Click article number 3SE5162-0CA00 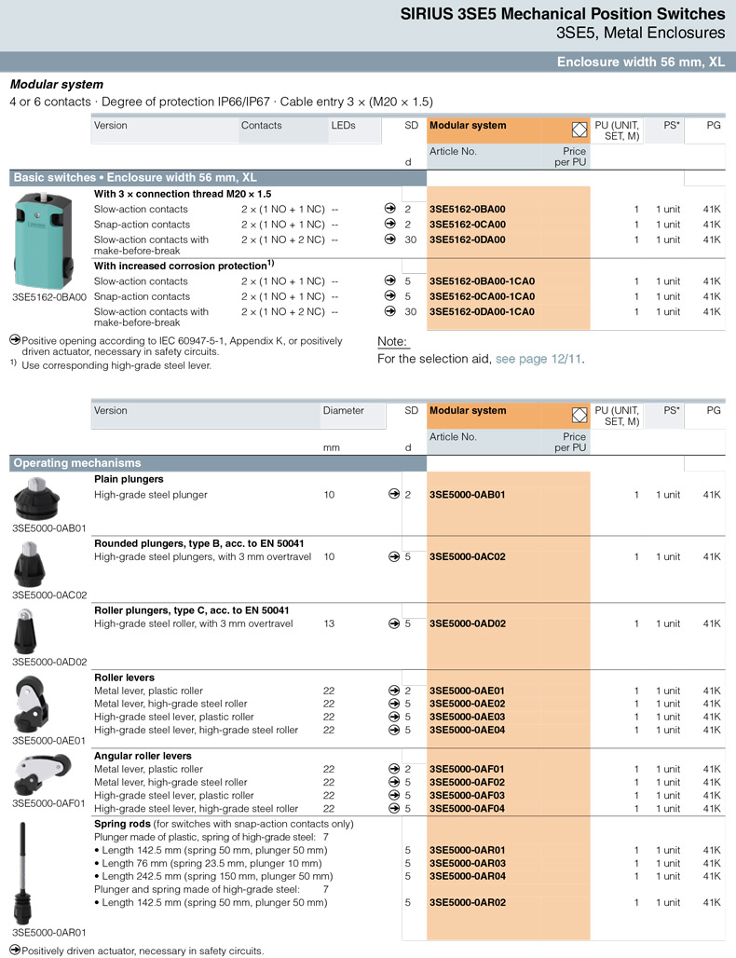click(467, 225)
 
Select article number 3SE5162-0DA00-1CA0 click(482, 311)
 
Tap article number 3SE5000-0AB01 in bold click(467, 495)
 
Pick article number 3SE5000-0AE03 click(467, 717)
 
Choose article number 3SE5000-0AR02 click(467, 903)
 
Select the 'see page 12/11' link click(540, 359)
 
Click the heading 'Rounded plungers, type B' click(199, 543)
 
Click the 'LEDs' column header click(344, 126)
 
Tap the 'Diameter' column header click(343, 411)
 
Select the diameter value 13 click(329, 623)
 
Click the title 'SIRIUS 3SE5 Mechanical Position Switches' click(562, 14)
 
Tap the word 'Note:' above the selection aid click(392, 342)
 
